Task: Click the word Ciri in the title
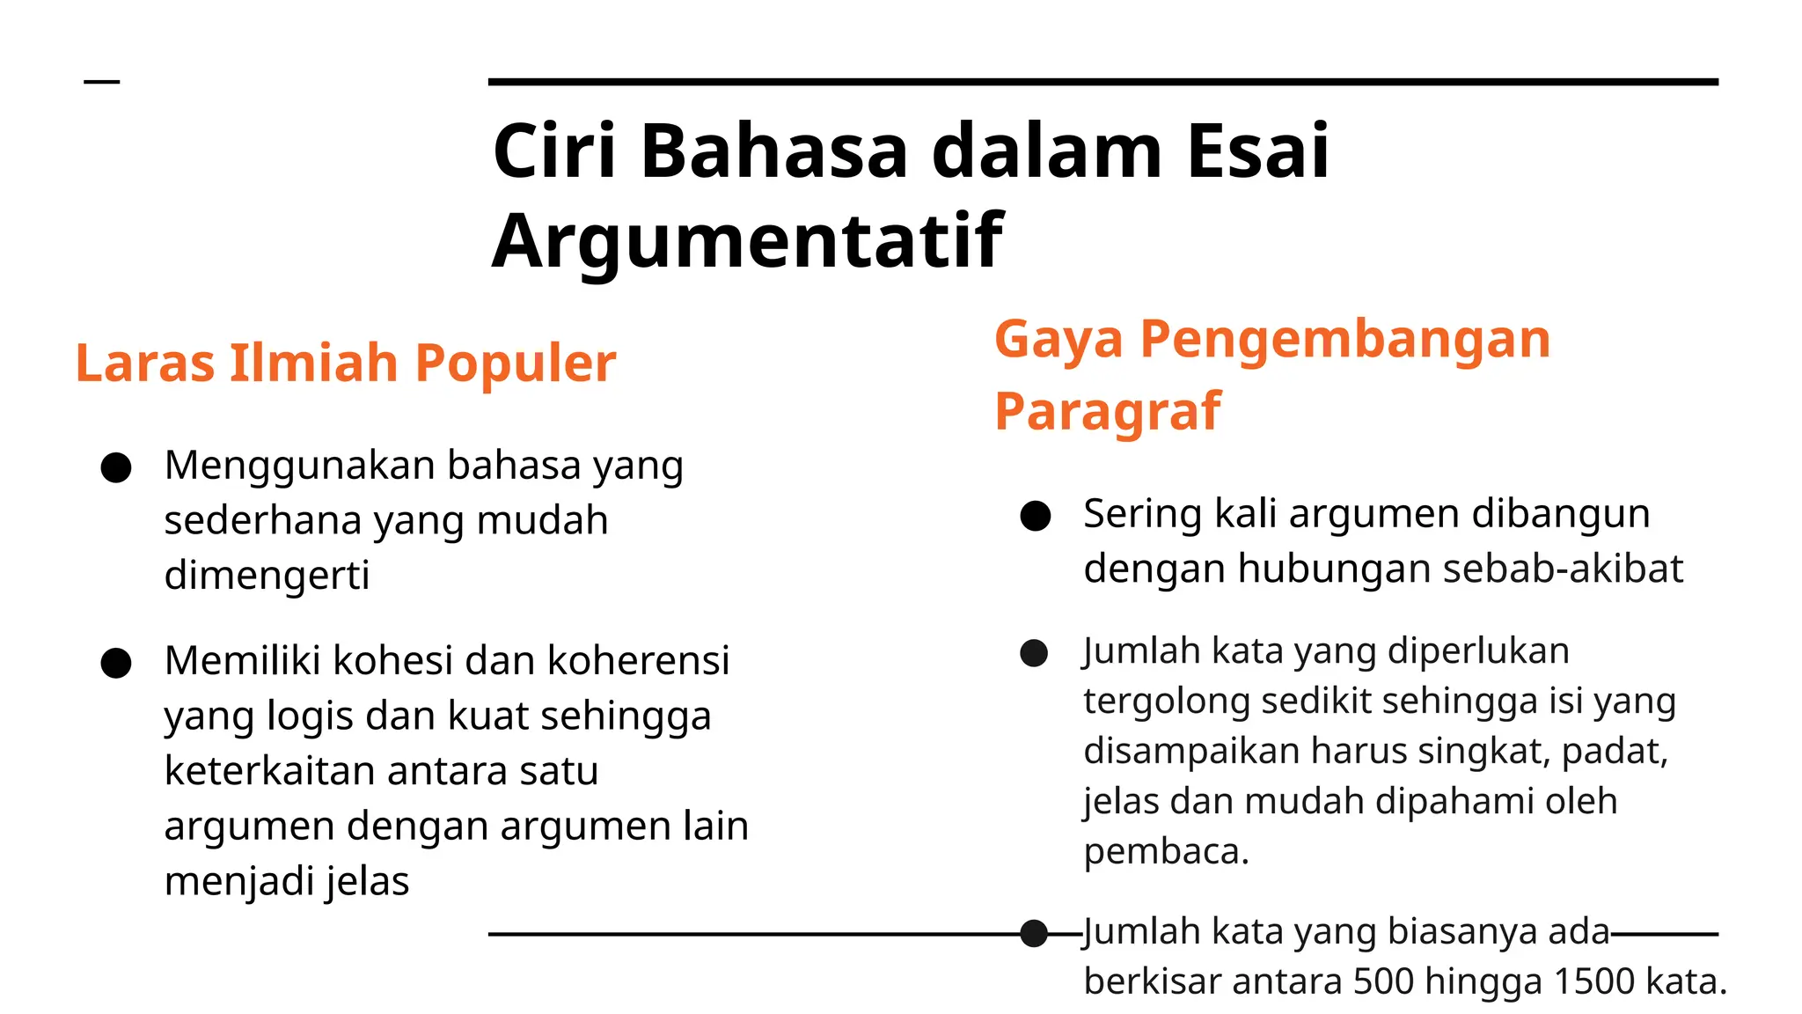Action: point(553,151)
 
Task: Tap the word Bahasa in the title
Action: point(774,151)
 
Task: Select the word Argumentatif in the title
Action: point(747,241)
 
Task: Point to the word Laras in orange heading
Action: point(144,364)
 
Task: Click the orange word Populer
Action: point(515,364)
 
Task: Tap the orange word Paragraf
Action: point(1107,412)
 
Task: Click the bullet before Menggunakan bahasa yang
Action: point(116,467)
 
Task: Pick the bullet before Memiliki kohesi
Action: point(116,663)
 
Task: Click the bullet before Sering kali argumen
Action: point(1036,516)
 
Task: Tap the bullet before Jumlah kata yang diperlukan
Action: point(1034,653)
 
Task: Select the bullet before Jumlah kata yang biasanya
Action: point(1034,933)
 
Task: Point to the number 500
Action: point(1385,981)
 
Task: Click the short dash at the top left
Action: point(101,82)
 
